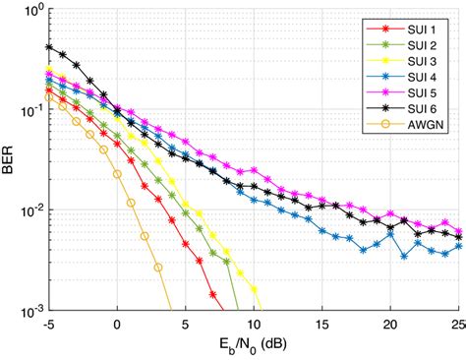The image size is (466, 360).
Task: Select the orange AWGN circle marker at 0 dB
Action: pos(117,174)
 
